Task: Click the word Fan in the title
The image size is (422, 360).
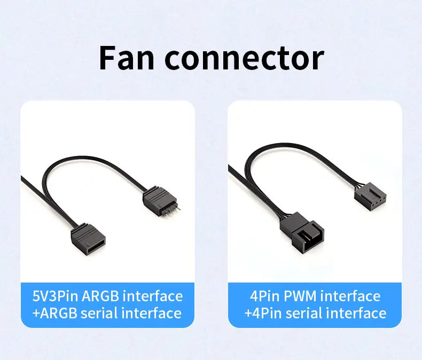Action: [x=127, y=58]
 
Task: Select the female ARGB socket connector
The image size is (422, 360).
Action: [x=88, y=240]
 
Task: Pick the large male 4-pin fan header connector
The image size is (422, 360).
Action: [x=302, y=232]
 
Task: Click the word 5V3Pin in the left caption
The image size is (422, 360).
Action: [x=55, y=296]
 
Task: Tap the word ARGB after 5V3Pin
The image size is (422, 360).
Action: [x=100, y=296]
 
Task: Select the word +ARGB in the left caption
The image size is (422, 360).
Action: [x=54, y=313]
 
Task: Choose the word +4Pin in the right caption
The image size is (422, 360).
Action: [x=263, y=313]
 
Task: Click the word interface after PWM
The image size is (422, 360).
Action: [x=350, y=296]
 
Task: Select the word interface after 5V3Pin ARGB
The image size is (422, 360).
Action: [x=153, y=296]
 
